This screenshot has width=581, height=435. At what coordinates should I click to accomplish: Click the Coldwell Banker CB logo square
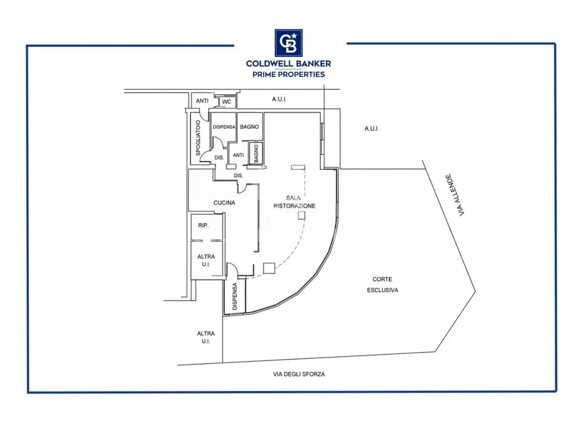pos(289,43)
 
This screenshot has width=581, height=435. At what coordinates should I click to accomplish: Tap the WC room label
pos(226,101)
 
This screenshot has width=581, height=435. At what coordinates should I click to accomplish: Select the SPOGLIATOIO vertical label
pos(198,138)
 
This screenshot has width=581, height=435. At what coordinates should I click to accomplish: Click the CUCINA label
pos(224,203)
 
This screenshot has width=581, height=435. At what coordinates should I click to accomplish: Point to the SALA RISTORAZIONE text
pos(294,202)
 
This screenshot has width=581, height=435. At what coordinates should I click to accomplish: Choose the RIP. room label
pos(203,225)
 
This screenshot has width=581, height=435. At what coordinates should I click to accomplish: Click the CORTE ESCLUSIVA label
pos(383,285)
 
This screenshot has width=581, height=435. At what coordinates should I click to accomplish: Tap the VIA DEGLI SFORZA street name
pos(299,374)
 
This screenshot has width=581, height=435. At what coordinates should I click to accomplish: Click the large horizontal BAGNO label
pos(249,127)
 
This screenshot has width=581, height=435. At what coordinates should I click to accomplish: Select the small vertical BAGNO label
pos(256,153)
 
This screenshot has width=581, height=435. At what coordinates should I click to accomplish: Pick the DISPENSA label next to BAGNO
pos(224,127)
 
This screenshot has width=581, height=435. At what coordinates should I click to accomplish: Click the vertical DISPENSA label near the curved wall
pos(235,296)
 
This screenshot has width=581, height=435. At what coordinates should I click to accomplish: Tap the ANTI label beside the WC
pos(202,101)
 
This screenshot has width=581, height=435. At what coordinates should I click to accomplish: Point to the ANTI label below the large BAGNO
pos(238,155)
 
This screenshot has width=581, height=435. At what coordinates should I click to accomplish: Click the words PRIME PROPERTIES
pos(289,74)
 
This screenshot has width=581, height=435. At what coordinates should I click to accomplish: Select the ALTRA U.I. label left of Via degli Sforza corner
pos(206,337)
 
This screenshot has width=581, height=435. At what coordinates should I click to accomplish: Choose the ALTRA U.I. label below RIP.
pos(206,260)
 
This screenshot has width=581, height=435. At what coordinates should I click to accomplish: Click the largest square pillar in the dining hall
pos(269,268)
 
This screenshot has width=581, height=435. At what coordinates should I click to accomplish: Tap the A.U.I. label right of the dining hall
pos(372,129)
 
